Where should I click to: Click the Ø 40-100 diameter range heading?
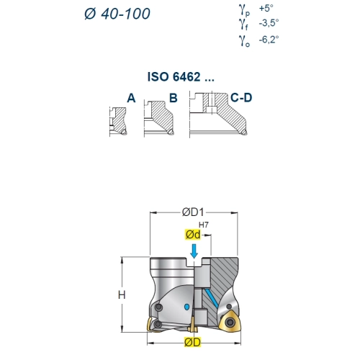(117, 14)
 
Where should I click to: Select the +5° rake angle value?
(266, 9)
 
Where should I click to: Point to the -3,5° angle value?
(269, 23)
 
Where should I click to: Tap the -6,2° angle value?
(269, 40)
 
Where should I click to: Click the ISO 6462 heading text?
(181, 77)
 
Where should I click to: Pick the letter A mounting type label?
(131, 98)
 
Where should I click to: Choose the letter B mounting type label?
(174, 98)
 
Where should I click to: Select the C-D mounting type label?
(241, 98)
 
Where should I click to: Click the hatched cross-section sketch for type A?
(118, 121)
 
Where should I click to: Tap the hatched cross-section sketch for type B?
(159, 118)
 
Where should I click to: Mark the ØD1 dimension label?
(193, 212)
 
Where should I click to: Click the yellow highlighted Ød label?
(193, 235)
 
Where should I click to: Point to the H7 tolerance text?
(204, 225)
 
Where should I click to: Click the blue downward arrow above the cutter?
(194, 251)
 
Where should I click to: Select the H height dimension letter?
(122, 294)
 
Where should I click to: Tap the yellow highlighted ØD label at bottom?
(192, 342)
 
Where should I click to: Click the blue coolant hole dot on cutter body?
(186, 307)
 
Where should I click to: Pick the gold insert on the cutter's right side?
(230, 322)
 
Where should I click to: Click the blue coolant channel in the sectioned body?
(212, 298)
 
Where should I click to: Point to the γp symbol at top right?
(244, 10)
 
